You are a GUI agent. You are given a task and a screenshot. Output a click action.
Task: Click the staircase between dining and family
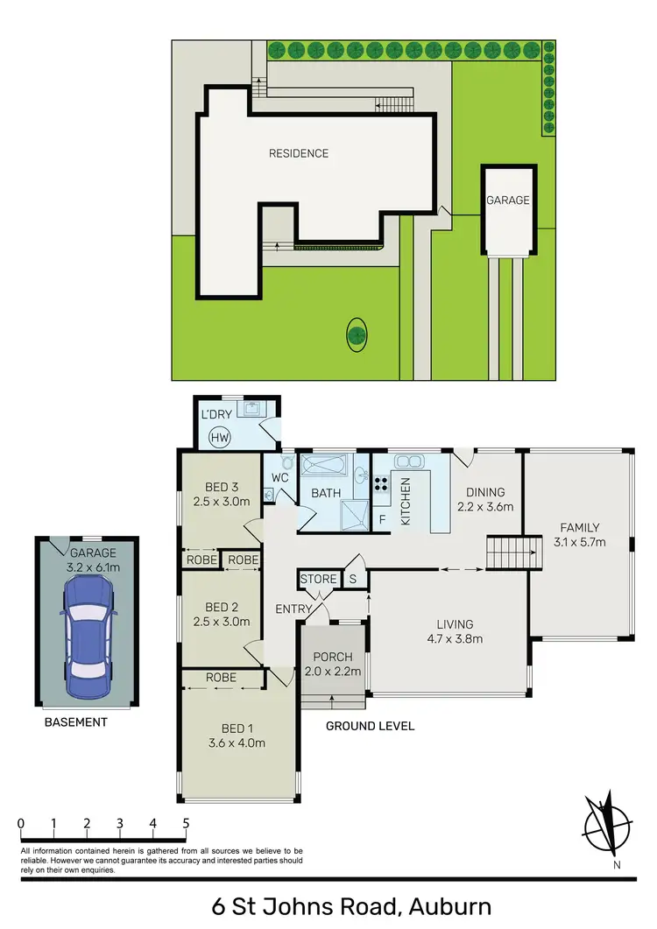click(510, 553)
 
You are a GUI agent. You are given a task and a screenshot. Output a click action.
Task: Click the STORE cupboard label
click(318, 580)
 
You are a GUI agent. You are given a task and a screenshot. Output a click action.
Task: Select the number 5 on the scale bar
click(186, 823)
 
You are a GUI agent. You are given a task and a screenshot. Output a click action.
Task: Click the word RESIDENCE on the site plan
click(299, 153)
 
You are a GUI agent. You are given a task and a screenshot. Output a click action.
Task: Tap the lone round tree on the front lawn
click(357, 334)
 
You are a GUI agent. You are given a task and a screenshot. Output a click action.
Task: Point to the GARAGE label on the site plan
click(508, 200)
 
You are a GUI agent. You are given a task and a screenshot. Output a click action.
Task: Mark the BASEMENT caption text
click(77, 722)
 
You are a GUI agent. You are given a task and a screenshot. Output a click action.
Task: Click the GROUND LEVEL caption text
click(370, 726)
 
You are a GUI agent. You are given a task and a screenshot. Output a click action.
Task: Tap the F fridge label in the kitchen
click(381, 517)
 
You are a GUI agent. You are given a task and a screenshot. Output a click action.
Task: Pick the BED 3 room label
click(222, 488)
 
